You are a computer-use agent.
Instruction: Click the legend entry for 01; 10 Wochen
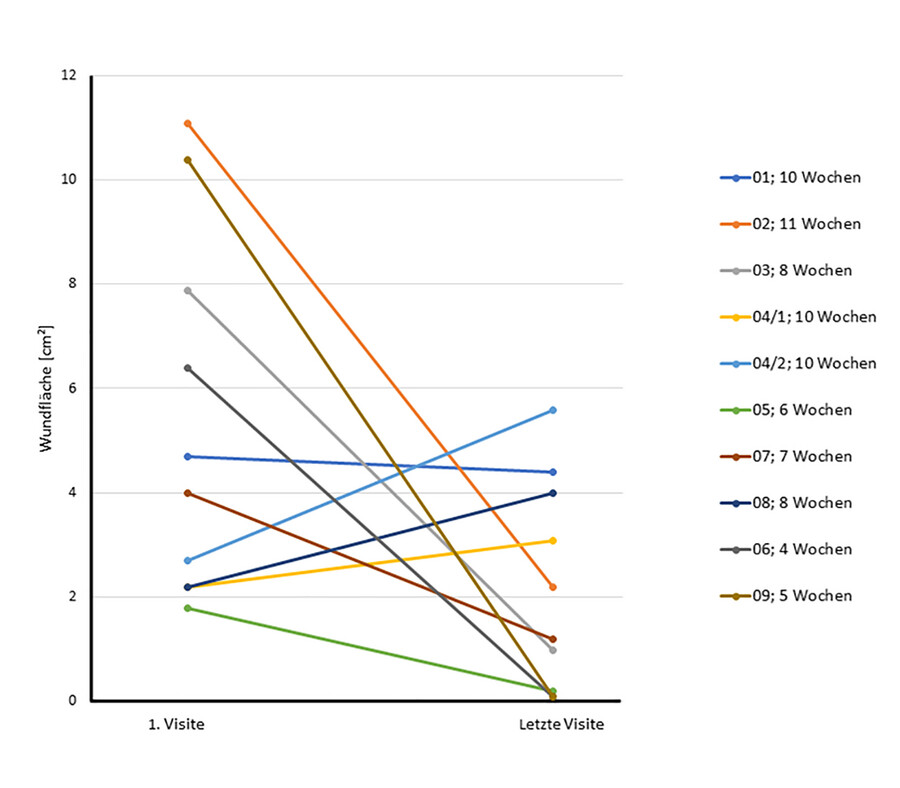(790, 178)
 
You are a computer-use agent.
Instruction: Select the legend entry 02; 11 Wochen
(790, 224)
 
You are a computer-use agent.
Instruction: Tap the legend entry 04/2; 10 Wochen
(798, 363)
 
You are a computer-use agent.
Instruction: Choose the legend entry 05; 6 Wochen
(786, 410)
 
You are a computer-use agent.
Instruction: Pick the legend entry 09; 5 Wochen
(786, 596)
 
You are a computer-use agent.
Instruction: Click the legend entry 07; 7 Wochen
(786, 456)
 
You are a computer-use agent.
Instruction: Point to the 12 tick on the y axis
(67, 75)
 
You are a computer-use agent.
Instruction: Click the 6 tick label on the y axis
(70, 388)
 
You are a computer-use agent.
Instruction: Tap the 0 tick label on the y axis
(70, 701)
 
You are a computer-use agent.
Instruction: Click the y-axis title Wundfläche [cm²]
(46, 388)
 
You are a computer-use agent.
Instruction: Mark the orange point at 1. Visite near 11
(187, 123)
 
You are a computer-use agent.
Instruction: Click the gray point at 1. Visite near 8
(187, 291)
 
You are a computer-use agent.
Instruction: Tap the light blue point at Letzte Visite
(552, 410)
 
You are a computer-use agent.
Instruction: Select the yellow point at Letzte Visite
(552, 541)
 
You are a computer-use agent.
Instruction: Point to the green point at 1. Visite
(187, 608)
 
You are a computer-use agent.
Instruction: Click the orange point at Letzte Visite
(552, 587)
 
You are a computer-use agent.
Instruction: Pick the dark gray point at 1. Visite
(187, 368)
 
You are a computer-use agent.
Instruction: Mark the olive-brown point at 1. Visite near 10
(187, 160)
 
